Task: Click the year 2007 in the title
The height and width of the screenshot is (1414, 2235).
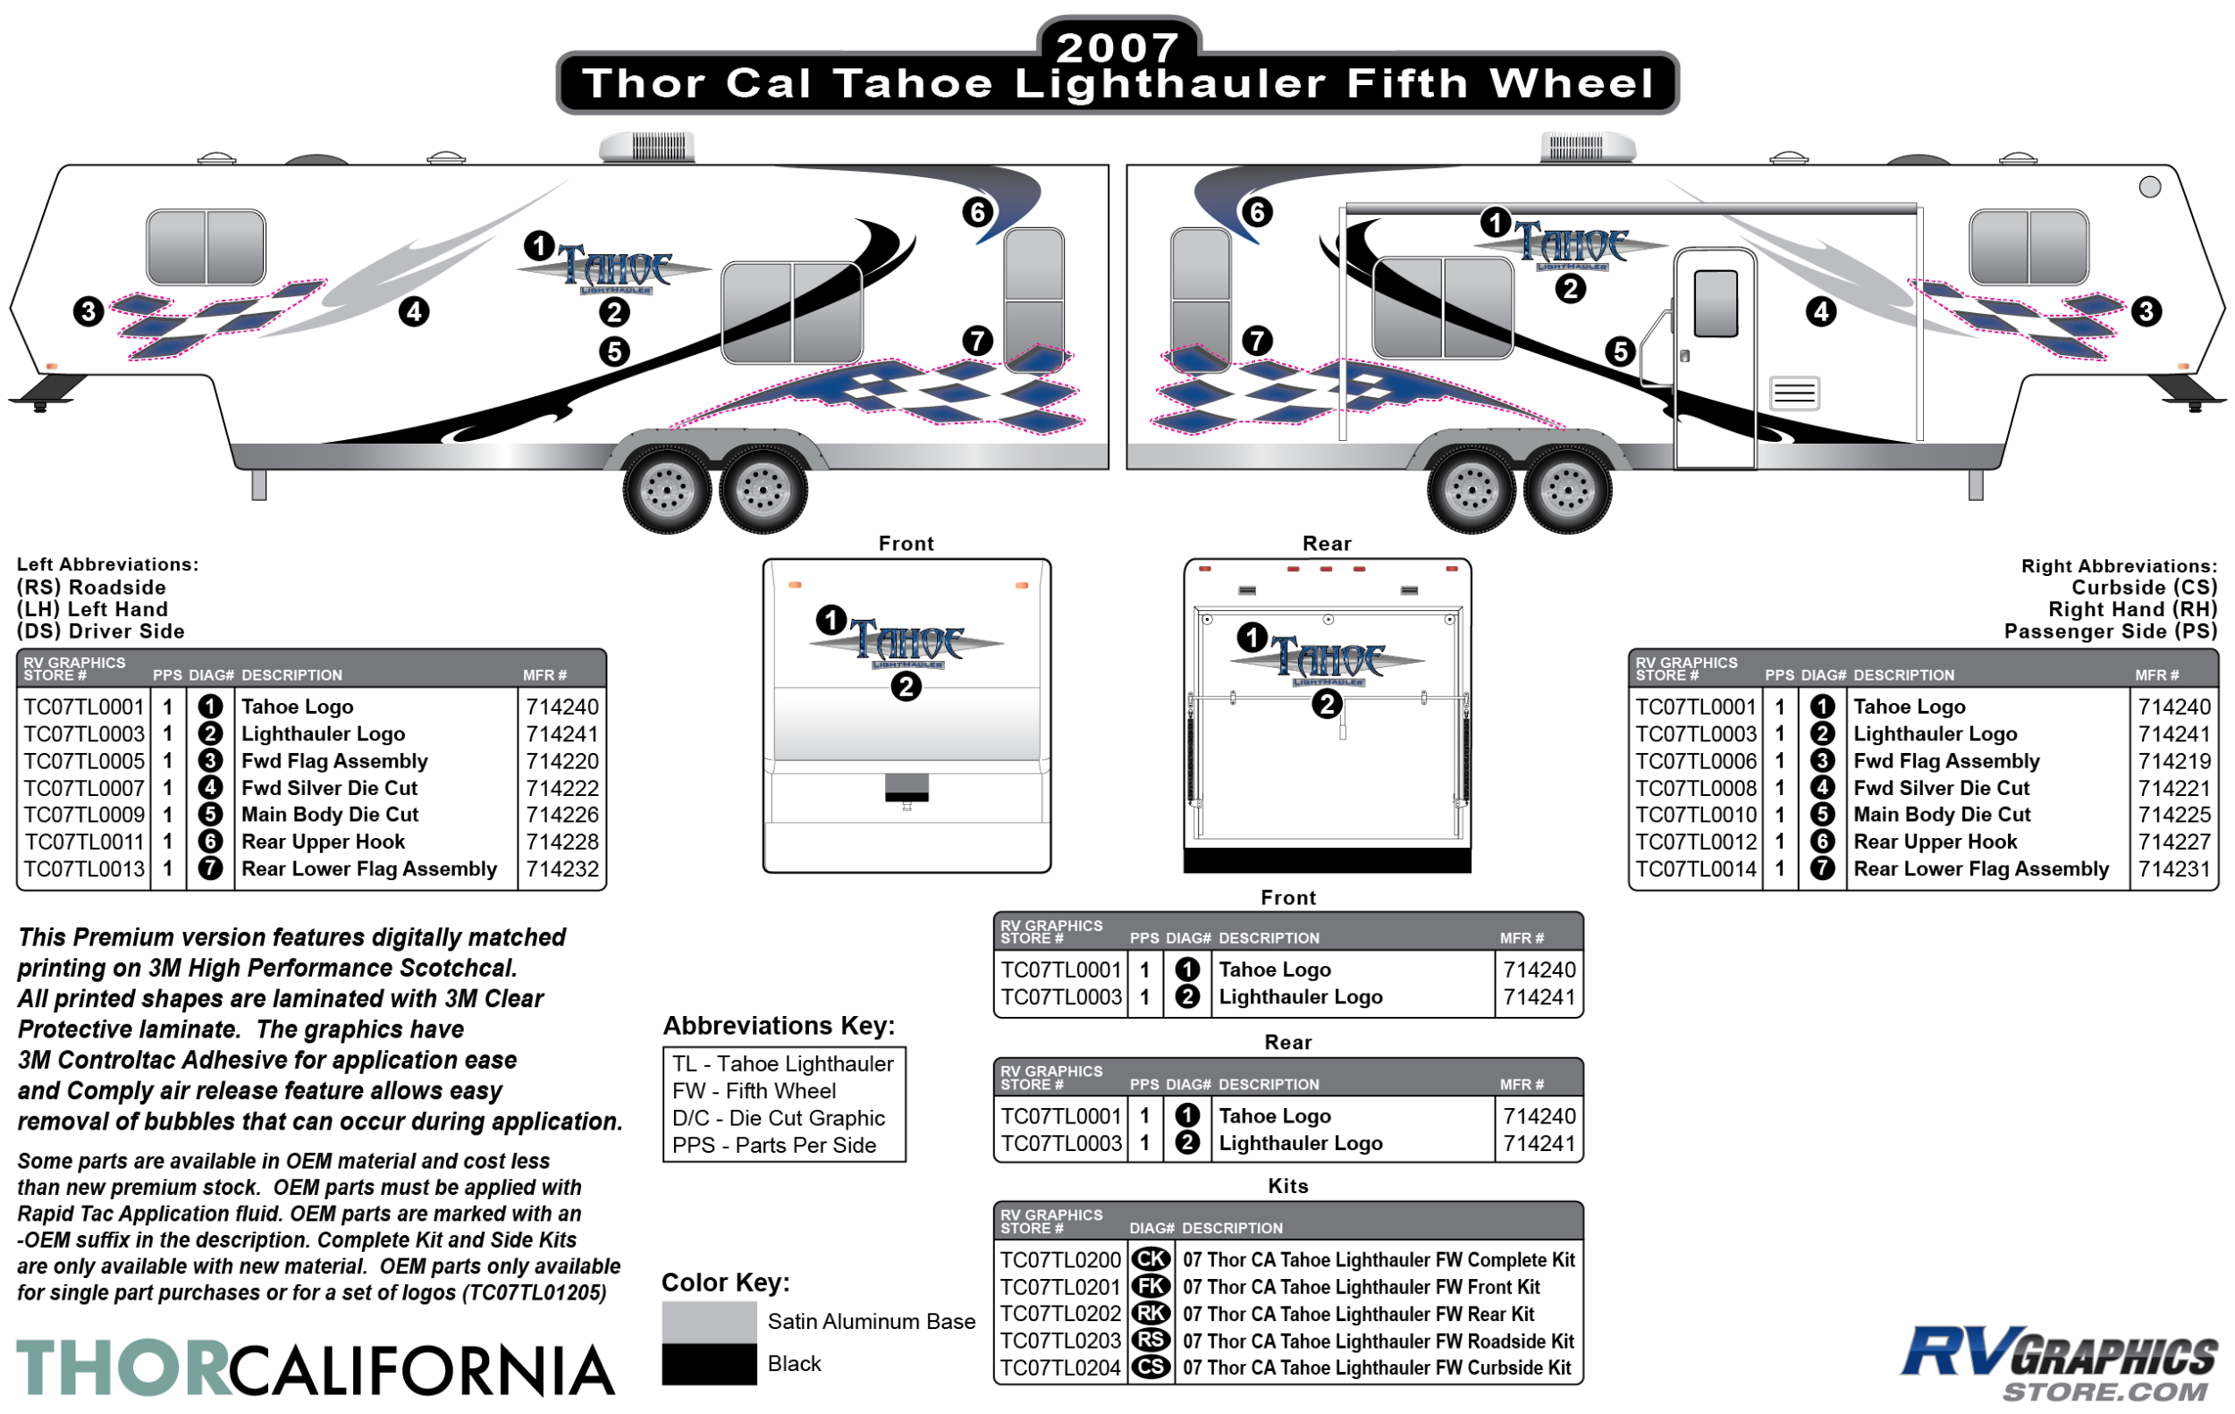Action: (x=1117, y=47)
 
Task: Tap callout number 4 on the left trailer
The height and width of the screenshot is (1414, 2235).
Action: (x=414, y=311)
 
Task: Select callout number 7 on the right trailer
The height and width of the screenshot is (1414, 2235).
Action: (x=1257, y=341)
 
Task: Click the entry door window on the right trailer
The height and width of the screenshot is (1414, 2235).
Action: (x=1716, y=303)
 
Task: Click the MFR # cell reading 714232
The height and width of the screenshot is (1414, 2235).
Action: (x=562, y=869)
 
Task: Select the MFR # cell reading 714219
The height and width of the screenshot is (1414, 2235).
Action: (x=2175, y=761)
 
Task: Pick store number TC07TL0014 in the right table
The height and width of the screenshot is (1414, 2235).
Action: (x=1696, y=869)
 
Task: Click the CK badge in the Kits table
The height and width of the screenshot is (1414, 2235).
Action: (x=1151, y=1260)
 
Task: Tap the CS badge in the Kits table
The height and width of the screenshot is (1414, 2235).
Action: (x=1151, y=1367)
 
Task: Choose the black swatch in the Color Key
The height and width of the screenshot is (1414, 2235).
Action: (x=709, y=1364)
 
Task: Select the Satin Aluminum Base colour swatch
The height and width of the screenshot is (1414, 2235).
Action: (x=709, y=1322)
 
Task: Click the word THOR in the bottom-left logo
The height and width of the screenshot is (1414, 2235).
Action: (x=122, y=1368)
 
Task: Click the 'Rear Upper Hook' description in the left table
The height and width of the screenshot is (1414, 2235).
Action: (x=323, y=842)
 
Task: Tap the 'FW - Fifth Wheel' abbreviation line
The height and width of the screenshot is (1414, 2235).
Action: (x=754, y=1091)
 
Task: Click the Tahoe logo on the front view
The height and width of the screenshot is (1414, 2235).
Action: (x=907, y=642)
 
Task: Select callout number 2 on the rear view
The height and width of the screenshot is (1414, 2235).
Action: (x=1328, y=705)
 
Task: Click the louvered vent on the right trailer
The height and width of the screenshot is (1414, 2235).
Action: (x=1794, y=393)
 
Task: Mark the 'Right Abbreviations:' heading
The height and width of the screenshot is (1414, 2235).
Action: (x=2119, y=565)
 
